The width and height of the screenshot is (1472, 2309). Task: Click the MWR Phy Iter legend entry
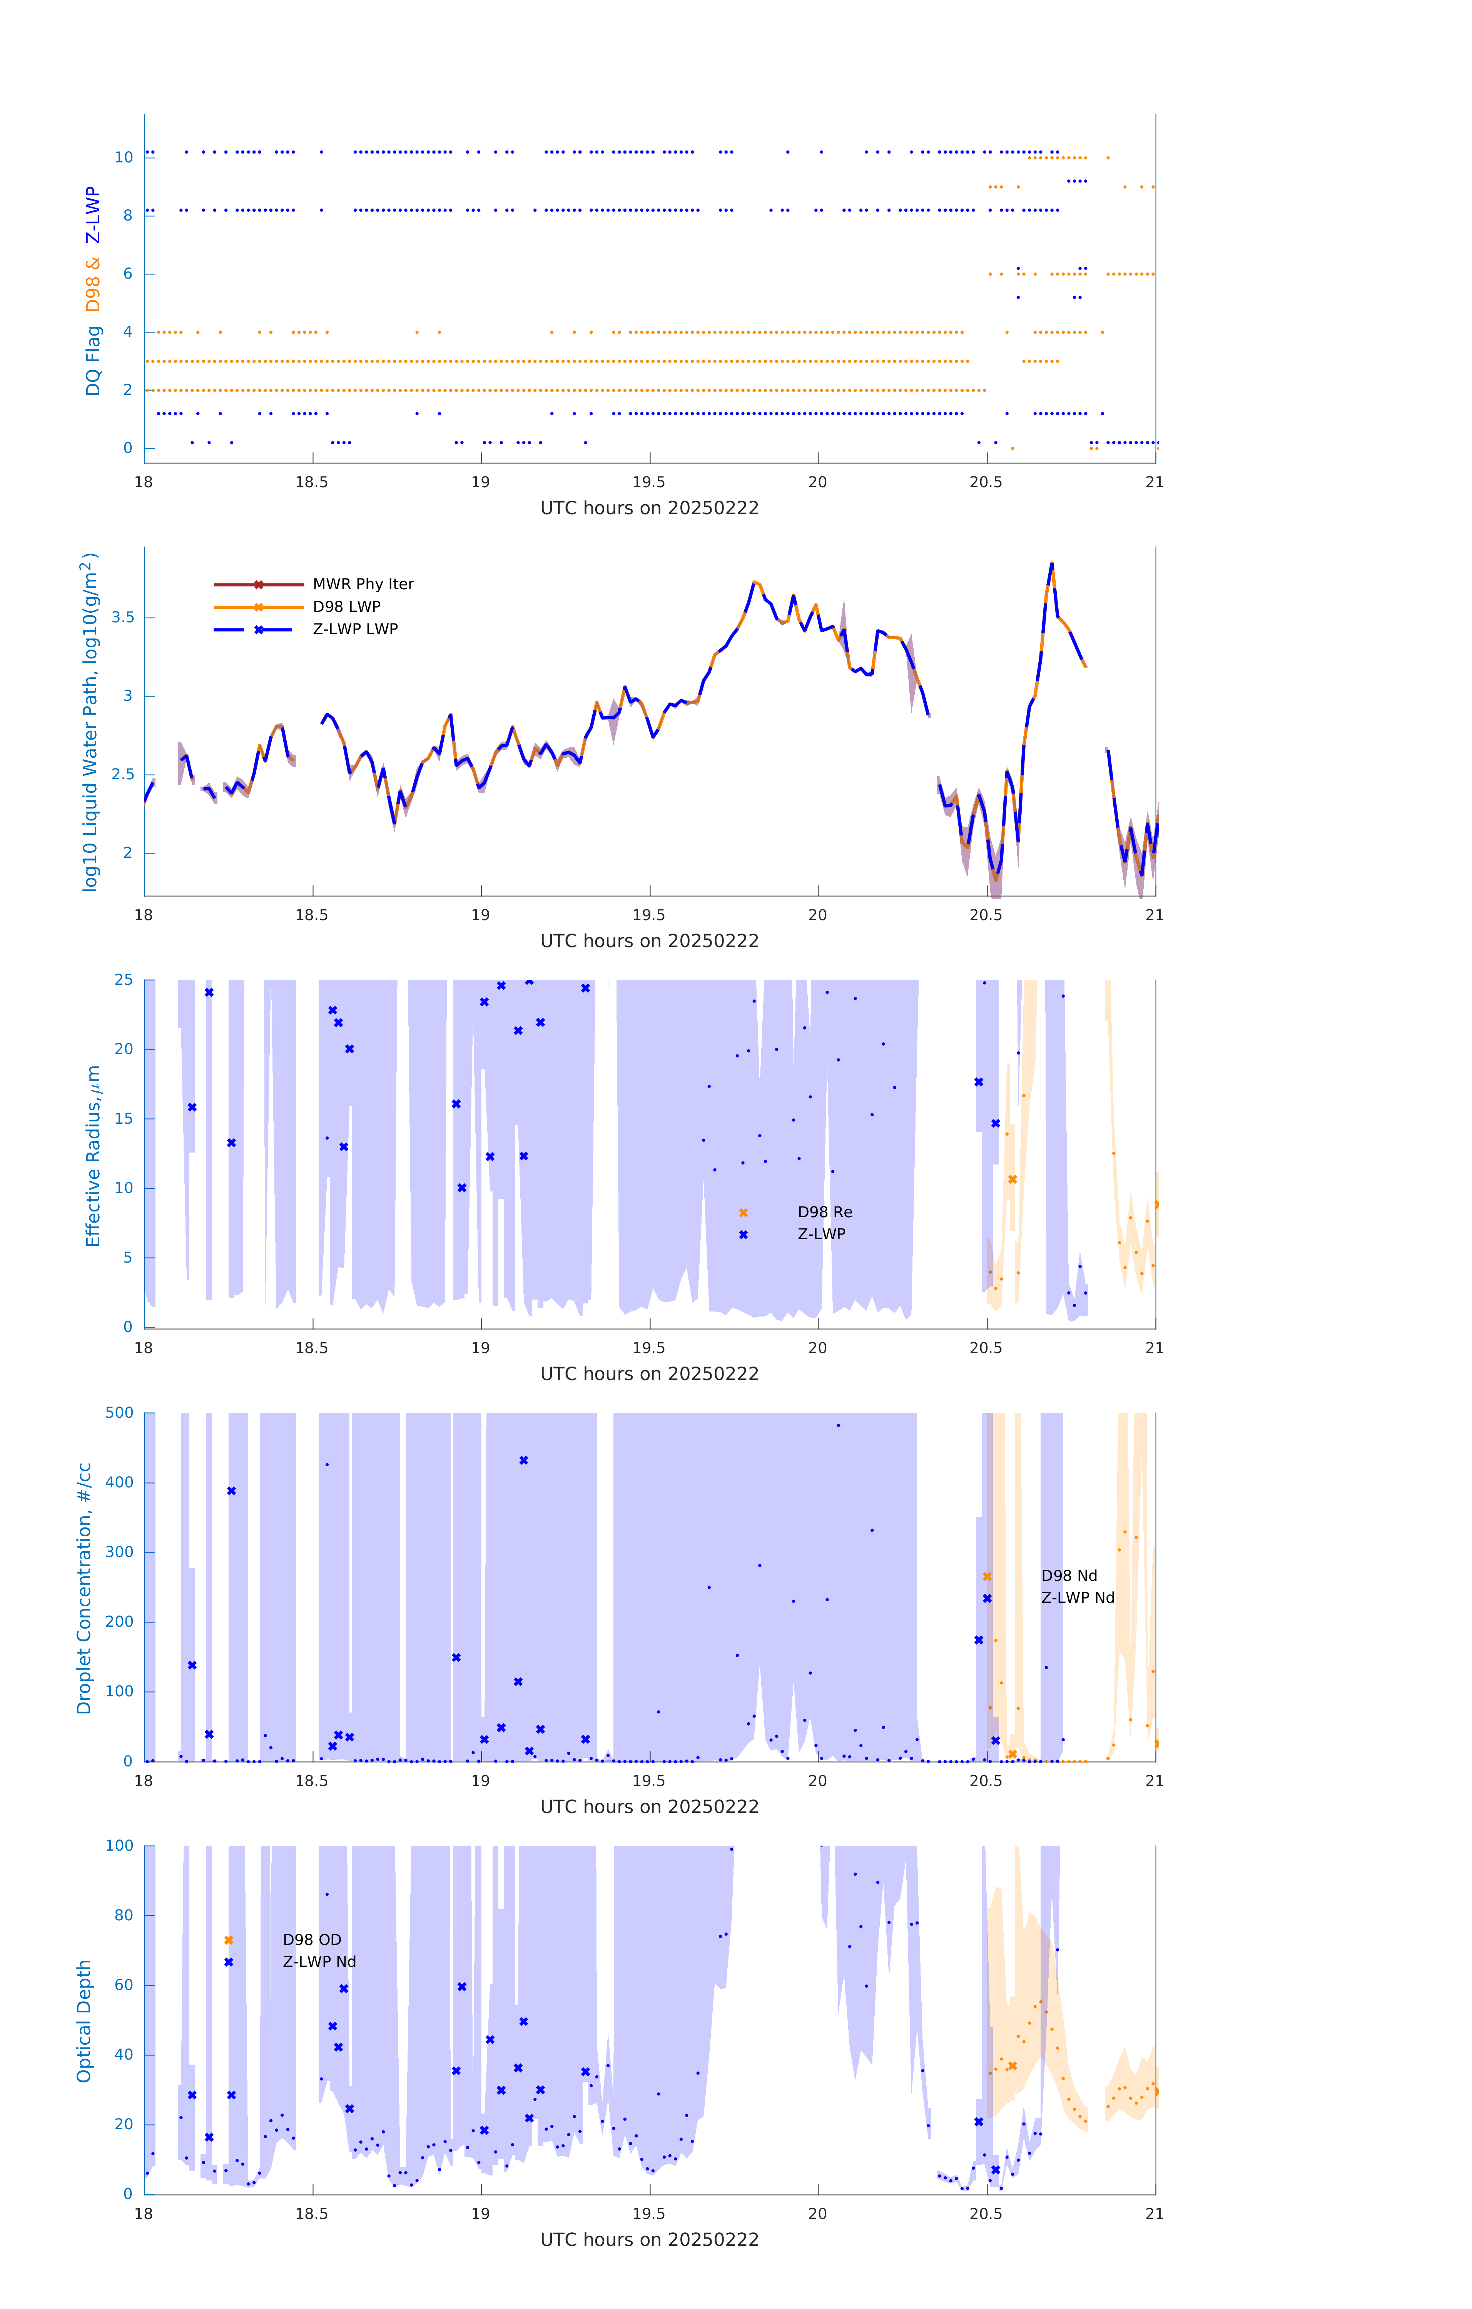[363, 584]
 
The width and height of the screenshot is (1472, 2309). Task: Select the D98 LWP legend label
[346, 606]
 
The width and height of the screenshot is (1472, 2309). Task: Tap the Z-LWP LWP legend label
[355, 629]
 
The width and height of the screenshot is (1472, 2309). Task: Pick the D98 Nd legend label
[1068, 1576]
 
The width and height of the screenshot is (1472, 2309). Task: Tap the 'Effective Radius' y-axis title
[93, 1155]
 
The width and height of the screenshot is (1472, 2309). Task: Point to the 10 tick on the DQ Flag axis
[124, 157]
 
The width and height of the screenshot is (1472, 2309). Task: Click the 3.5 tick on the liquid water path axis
[123, 618]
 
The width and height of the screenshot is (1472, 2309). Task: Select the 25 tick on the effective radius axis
[124, 980]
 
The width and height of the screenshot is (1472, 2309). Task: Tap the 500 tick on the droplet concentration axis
[120, 1412]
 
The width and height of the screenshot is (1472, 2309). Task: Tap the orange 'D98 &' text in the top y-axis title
[93, 285]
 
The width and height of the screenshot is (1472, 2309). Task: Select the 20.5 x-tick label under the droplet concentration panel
[986, 1781]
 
